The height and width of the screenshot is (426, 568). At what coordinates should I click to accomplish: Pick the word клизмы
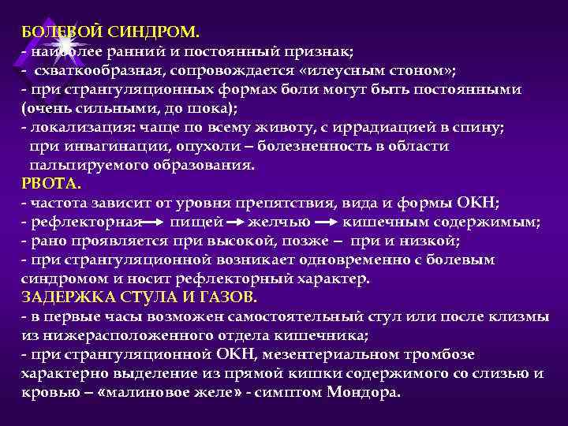coord(520,317)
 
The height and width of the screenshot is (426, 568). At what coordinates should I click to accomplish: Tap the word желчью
coord(278,222)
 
